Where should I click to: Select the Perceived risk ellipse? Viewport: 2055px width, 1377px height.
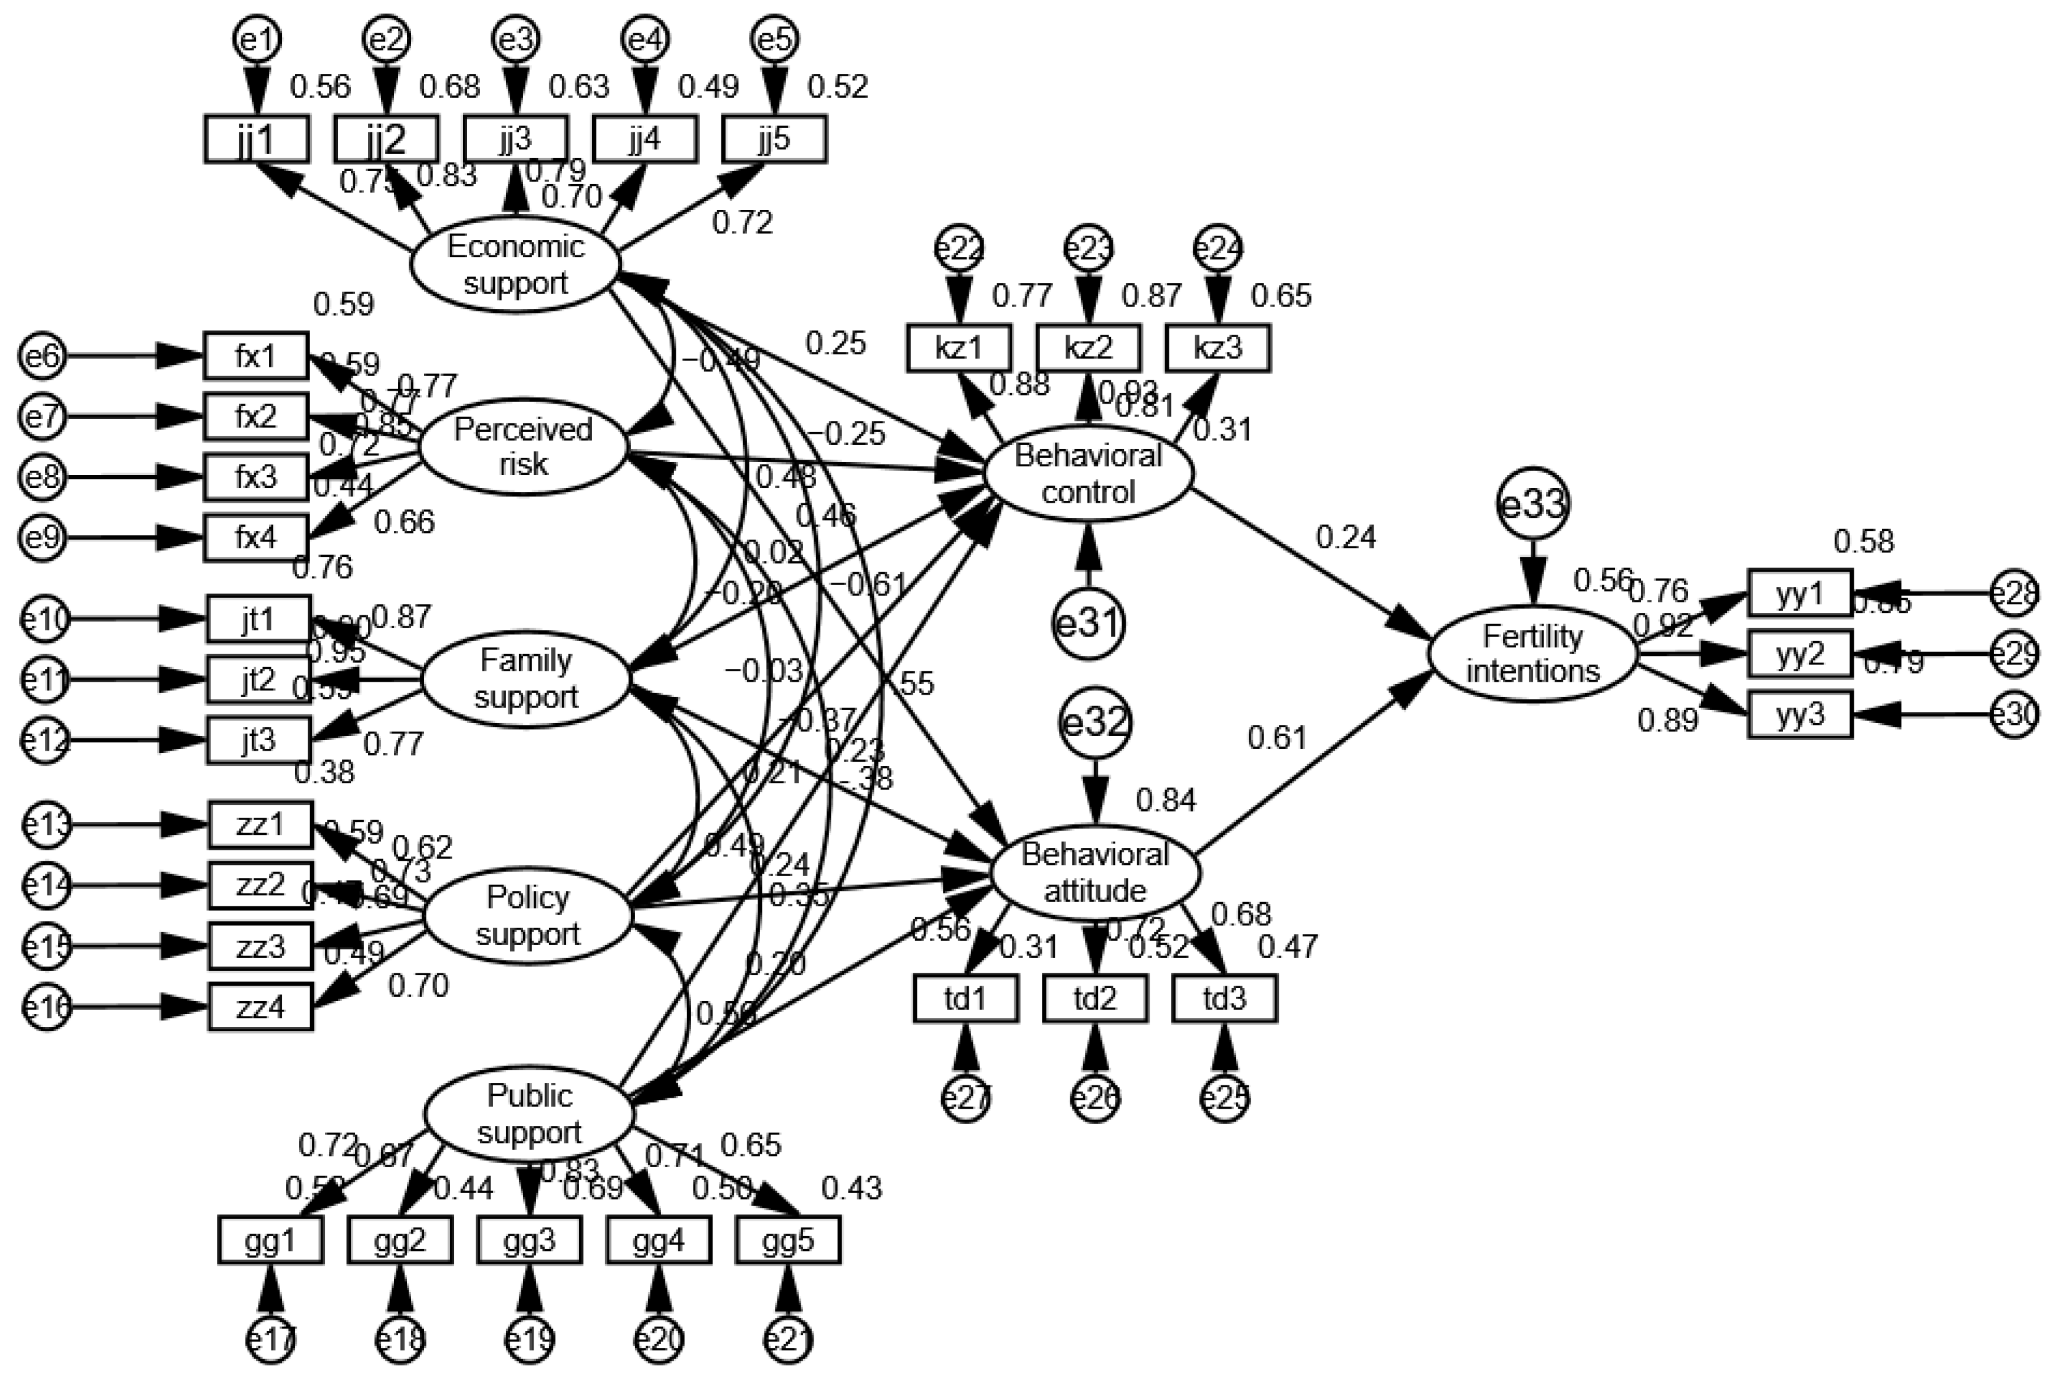tap(523, 446)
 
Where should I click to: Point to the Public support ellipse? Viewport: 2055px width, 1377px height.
tap(529, 1114)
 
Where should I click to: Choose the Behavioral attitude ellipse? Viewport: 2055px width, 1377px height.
tap(1095, 872)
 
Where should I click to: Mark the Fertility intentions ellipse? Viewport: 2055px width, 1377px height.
tap(1533, 653)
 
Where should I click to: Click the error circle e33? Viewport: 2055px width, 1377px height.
tap(1533, 503)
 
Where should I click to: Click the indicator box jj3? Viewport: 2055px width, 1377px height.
tap(516, 139)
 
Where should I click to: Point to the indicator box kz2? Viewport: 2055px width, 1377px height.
tap(1089, 348)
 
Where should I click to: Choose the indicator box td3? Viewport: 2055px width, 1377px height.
tap(1224, 999)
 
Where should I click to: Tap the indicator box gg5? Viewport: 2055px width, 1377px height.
tap(788, 1240)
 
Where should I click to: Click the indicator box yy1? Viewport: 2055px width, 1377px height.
tap(1800, 594)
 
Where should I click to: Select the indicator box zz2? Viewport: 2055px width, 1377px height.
tap(260, 885)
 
